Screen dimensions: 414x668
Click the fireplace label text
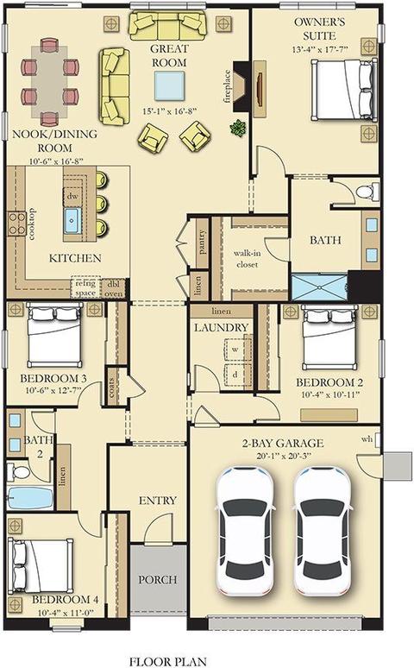227,86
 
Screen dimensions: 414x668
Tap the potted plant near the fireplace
238,128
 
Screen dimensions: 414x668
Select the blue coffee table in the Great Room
169,85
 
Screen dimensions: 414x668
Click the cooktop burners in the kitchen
17,224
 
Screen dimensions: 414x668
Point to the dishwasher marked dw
72,197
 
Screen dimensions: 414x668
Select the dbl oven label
113,289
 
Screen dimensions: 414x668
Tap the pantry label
202,242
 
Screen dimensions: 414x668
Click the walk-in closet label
247,259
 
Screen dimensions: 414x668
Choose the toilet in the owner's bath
367,192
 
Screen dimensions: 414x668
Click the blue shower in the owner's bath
319,287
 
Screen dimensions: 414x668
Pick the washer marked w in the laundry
235,349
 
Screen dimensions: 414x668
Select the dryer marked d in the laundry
235,375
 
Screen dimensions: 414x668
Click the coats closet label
111,388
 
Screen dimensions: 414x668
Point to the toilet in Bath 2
18,471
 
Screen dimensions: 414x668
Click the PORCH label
158,579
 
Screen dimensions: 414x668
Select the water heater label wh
367,438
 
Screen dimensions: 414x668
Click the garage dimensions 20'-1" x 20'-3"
284,456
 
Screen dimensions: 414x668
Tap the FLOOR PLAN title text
168,662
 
